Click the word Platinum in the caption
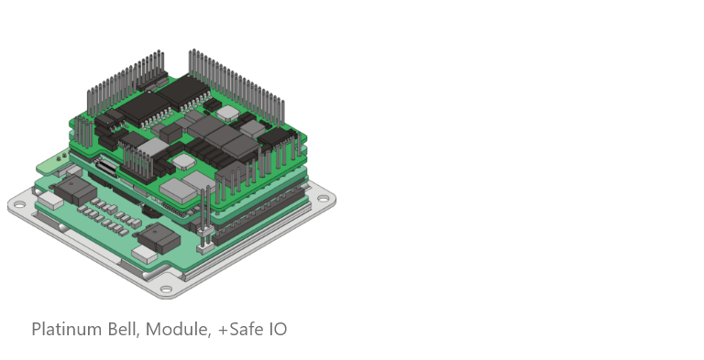coord(67,330)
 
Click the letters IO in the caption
coord(278,330)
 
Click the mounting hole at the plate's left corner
coord(20,205)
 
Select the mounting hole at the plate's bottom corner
coord(166,289)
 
